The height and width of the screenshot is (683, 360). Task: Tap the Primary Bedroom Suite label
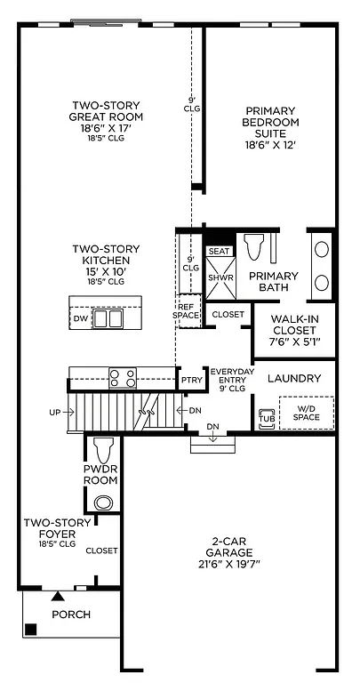[272, 127]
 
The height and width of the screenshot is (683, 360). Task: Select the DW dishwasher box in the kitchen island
[81, 317]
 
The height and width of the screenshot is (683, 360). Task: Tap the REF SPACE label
[188, 309]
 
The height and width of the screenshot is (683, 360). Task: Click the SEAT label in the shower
[219, 252]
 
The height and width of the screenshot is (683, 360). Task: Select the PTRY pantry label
[191, 380]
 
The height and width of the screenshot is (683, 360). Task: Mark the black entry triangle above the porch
[58, 595]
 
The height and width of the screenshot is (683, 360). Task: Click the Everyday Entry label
[231, 377]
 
